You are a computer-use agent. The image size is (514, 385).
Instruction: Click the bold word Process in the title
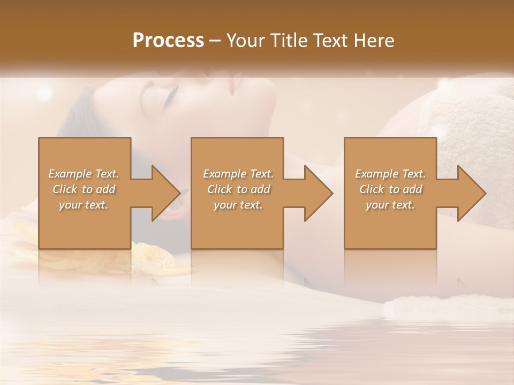(x=168, y=41)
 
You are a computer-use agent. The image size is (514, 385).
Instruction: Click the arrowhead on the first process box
(x=166, y=193)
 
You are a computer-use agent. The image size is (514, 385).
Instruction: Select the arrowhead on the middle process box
(x=319, y=193)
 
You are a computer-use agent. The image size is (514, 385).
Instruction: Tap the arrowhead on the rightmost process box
(x=471, y=193)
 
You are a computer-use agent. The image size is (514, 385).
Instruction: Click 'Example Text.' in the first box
(x=84, y=174)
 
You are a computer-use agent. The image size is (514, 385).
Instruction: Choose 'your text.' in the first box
(x=84, y=205)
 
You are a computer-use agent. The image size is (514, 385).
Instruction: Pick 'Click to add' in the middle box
(x=238, y=189)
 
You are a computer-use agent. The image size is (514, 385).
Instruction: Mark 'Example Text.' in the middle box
(x=238, y=174)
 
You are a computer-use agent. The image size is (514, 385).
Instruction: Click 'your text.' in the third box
(x=390, y=205)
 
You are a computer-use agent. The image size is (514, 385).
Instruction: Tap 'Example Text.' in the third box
(x=390, y=174)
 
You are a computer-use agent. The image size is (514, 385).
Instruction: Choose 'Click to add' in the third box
(x=390, y=189)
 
